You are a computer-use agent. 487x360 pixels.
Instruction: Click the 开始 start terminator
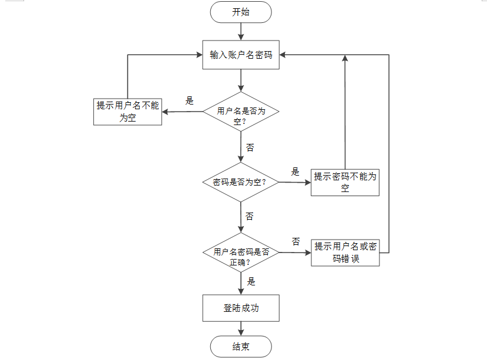point(241,12)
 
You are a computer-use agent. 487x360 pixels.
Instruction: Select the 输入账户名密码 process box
point(241,55)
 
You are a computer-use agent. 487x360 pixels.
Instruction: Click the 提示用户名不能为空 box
point(127,111)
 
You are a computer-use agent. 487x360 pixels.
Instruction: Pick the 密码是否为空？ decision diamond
point(241,182)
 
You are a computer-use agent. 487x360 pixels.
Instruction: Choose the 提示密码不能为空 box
point(345,182)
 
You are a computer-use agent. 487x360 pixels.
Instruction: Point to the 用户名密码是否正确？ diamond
point(241,253)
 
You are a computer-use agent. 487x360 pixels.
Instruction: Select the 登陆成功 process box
point(241,308)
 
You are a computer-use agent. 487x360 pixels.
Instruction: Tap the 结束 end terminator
point(241,346)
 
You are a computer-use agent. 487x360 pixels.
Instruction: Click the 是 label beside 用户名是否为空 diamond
point(189,100)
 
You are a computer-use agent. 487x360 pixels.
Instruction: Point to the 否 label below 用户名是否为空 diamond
point(250,147)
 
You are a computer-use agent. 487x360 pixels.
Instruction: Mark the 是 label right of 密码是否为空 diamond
point(295,171)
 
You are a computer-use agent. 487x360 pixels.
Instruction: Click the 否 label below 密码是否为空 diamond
point(250,217)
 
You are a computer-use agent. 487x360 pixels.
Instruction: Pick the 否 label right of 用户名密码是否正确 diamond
point(295,241)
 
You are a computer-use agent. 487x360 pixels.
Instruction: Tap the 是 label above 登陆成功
point(251,281)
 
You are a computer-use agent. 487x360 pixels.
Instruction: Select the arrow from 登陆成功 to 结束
point(241,328)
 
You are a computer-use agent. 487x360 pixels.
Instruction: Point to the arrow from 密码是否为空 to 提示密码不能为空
point(294,183)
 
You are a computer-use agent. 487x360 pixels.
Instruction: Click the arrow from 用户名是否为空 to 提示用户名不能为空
point(182,112)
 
